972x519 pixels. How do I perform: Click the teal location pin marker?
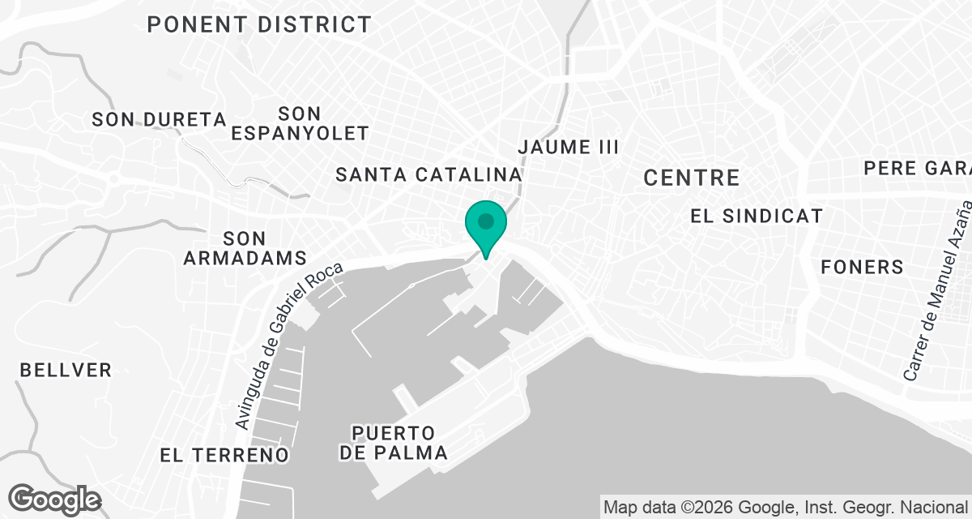tap(486, 228)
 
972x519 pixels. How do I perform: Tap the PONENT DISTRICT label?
tap(259, 24)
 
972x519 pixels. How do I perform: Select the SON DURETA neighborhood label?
tap(159, 119)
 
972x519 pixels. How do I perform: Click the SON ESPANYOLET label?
tap(300, 123)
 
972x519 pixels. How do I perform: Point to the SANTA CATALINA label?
tap(428, 174)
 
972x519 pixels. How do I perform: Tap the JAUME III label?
tap(568, 147)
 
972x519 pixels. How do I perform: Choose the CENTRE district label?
tap(692, 178)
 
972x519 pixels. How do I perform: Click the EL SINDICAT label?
tap(757, 216)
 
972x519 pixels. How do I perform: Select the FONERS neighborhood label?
tap(861, 266)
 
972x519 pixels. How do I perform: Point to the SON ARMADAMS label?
tap(245, 248)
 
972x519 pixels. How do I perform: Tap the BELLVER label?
tap(66, 370)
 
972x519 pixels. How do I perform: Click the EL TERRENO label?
tap(224, 455)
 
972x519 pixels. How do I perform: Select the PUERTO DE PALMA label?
tap(394, 442)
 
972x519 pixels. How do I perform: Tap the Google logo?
tap(54, 499)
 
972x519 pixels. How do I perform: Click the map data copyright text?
tap(786, 508)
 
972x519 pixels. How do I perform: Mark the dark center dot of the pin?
tap(486, 221)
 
